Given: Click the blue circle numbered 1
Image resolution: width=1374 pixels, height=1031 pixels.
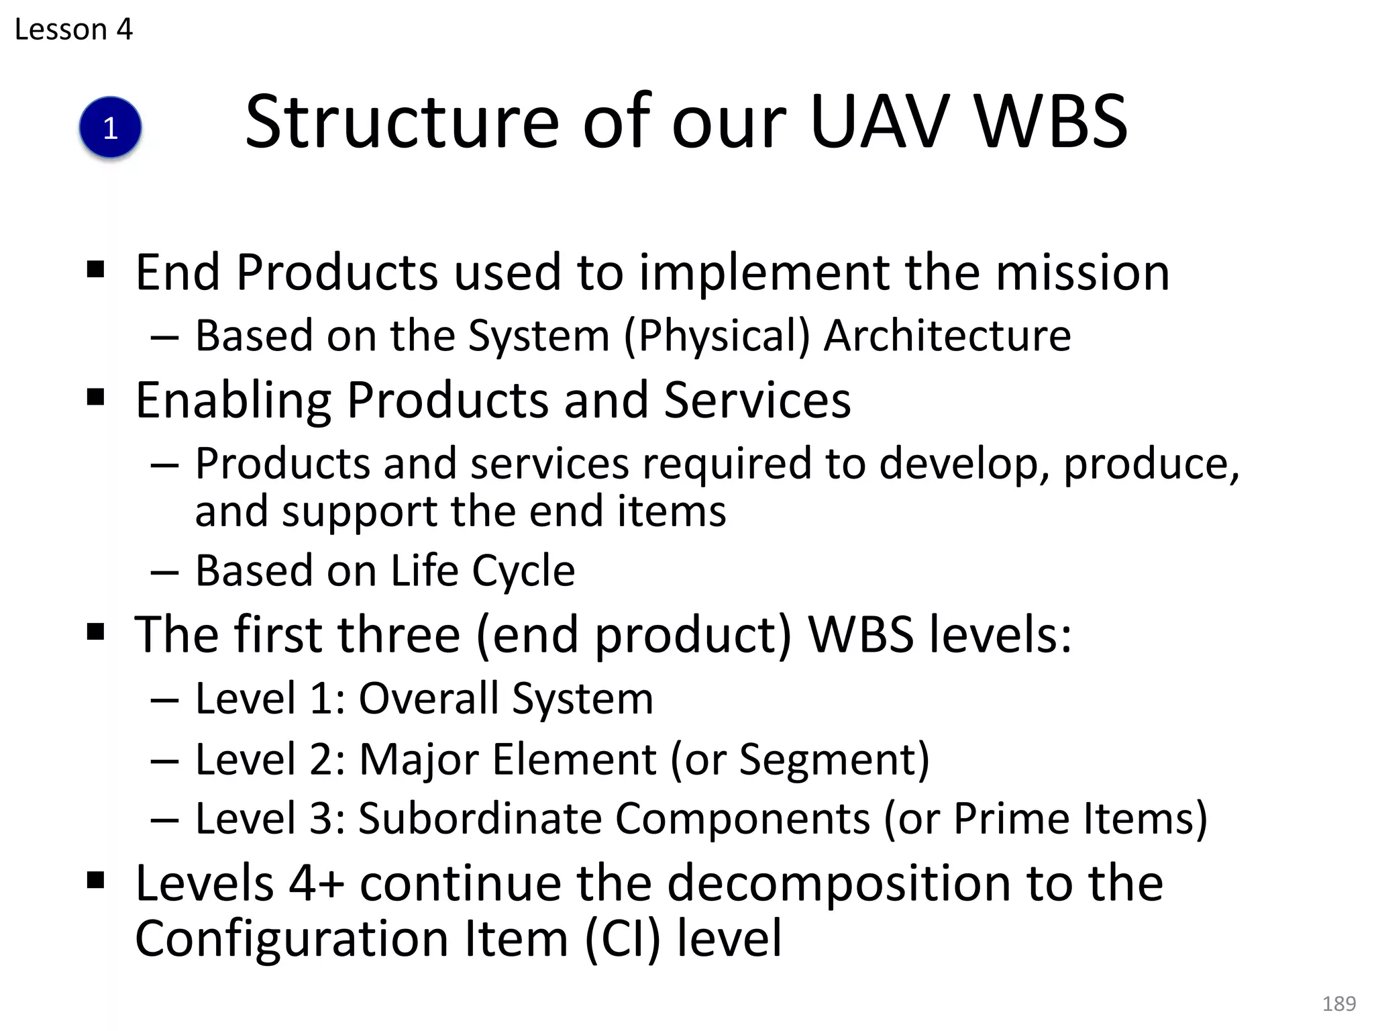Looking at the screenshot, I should point(110,128).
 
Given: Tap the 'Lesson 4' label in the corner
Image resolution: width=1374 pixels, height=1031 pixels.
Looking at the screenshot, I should point(73,30).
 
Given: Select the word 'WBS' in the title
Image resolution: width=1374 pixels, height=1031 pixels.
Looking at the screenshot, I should point(1051,122).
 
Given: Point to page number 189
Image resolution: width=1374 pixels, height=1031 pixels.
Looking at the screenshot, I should point(1338,1003).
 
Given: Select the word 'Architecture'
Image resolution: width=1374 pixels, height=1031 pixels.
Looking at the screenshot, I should point(947,335).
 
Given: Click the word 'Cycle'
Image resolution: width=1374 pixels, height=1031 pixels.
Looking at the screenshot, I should point(523,571).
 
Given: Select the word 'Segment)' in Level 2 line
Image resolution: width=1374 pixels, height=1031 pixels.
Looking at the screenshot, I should point(834,759).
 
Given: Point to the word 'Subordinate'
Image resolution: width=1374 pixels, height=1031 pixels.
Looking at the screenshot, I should point(480,818).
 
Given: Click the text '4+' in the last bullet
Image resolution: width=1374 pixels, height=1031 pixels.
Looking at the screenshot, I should point(317,883).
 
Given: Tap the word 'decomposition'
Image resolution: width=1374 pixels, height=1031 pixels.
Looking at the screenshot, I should point(839,884).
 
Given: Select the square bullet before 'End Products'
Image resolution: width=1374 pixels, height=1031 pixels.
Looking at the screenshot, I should point(96,270).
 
